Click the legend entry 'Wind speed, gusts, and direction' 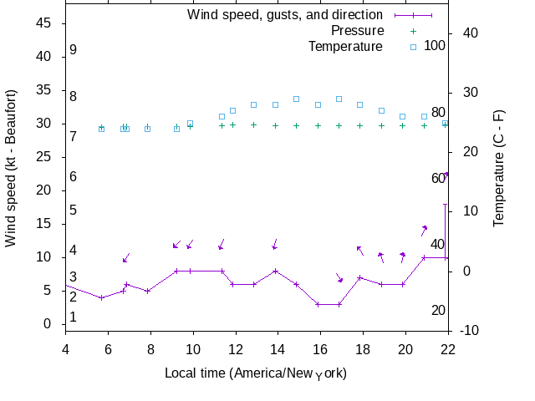click(x=284, y=14)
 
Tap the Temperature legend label click(x=344, y=46)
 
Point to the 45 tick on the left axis click(x=44, y=23)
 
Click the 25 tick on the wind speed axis click(x=44, y=157)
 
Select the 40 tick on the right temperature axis click(x=469, y=33)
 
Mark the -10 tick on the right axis click(x=470, y=331)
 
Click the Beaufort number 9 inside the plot click(x=74, y=50)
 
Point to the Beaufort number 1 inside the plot click(x=74, y=317)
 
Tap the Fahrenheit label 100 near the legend click(x=435, y=45)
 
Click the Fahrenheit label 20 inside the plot click(x=438, y=311)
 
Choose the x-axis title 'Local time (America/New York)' click(x=256, y=373)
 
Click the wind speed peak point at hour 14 click(x=275, y=271)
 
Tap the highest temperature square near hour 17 click(x=339, y=99)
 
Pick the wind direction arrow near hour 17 click(x=339, y=278)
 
